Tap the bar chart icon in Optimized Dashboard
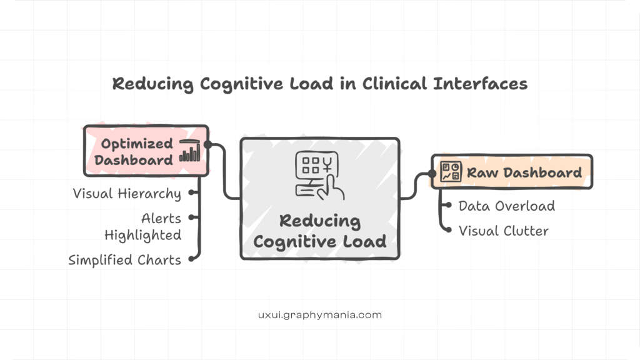(x=189, y=151)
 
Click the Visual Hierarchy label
(x=127, y=193)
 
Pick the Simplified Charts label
(x=124, y=259)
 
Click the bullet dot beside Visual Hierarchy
(x=191, y=193)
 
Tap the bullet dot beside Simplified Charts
(x=191, y=259)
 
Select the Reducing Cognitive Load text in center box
(x=320, y=231)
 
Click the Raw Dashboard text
(x=524, y=172)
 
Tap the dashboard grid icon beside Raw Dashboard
(x=451, y=172)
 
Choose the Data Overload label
(x=506, y=206)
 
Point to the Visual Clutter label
(x=503, y=231)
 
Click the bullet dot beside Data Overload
(x=447, y=206)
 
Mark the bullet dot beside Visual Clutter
(x=447, y=231)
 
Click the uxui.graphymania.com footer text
(x=319, y=314)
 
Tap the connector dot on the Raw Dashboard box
(x=431, y=174)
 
